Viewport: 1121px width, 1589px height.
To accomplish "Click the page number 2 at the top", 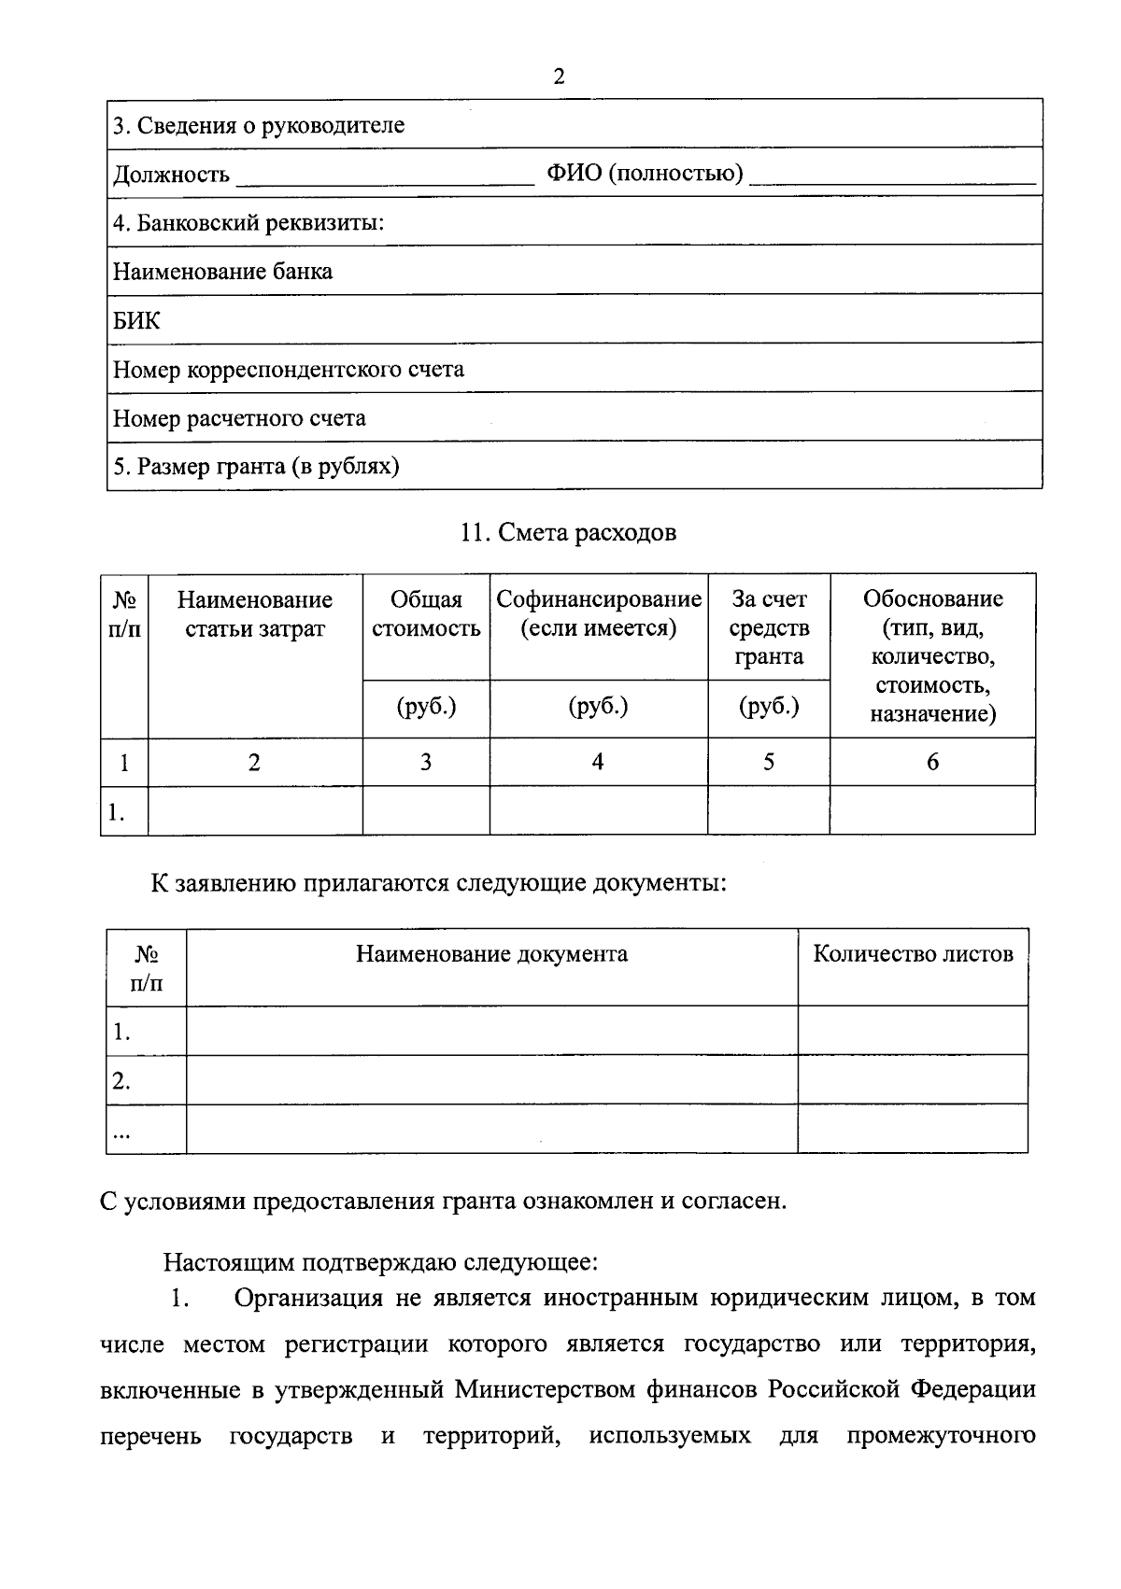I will click(x=559, y=77).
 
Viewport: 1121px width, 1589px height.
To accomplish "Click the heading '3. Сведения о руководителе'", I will click(x=259, y=125).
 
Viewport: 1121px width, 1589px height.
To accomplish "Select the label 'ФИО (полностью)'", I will click(x=645, y=174).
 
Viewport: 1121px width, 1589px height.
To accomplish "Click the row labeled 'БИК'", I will click(x=136, y=321).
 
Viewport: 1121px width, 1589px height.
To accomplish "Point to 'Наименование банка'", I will click(x=222, y=272).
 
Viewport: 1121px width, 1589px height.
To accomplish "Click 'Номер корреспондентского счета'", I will click(x=288, y=370).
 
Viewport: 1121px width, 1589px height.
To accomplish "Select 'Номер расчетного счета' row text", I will click(x=239, y=418).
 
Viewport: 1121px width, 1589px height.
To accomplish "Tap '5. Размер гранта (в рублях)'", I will click(x=256, y=467).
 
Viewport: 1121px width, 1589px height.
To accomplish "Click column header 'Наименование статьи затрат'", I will click(x=255, y=613).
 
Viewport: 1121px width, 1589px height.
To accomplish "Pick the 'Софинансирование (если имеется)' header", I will click(x=598, y=613).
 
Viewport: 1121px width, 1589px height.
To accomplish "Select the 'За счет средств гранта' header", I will click(x=768, y=627).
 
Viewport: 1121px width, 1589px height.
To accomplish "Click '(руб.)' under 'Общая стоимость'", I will click(x=426, y=707).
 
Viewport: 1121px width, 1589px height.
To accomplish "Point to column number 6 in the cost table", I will click(x=932, y=762).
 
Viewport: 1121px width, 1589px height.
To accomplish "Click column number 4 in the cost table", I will click(x=598, y=762).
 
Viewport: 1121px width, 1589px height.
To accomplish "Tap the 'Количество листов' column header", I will click(x=913, y=953).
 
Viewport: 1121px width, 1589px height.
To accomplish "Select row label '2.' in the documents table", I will click(x=121, y=1081).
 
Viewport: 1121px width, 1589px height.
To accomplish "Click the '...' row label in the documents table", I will click(x=121, y=1133).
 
